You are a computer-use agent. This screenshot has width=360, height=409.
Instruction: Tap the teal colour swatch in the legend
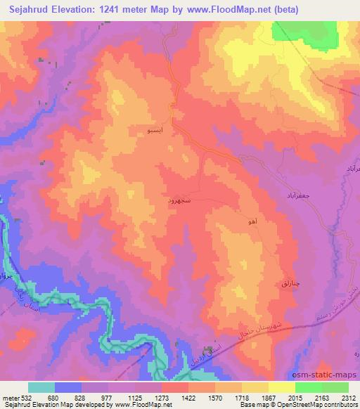pos(41,387)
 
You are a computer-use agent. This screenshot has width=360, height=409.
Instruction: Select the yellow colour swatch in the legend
pos(281,387)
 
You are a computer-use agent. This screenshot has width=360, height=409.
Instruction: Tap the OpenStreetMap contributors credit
pos(318,405)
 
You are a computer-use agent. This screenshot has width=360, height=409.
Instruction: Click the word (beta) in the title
pos(282,10)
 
